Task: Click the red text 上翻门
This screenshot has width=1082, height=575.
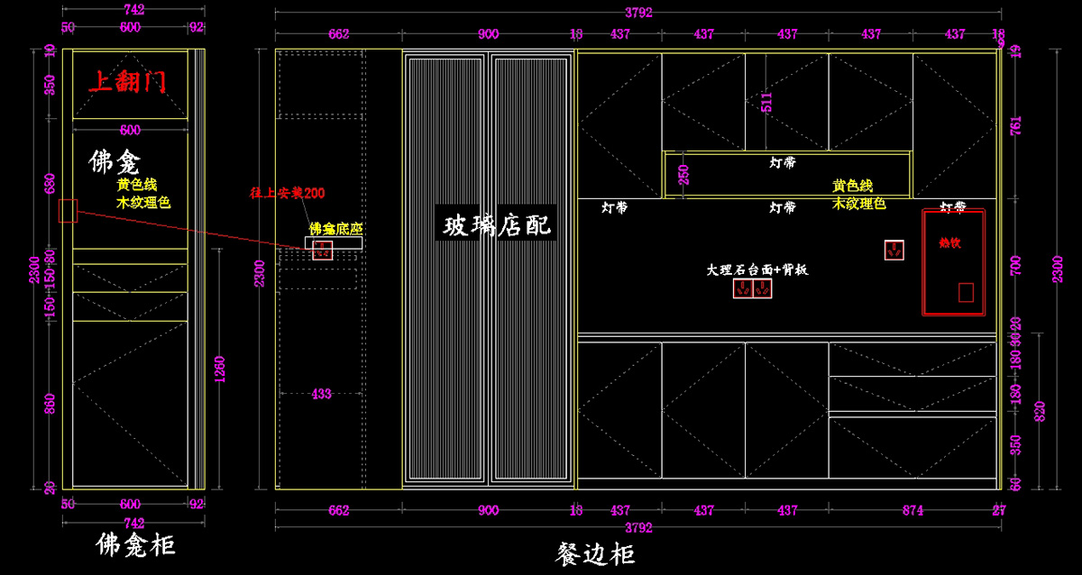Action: point(127,82)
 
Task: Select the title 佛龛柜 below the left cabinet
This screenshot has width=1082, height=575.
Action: point(135,545)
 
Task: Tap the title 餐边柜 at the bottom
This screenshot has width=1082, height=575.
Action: point(595,553)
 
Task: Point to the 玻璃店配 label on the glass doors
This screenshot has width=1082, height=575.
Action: point(497,224)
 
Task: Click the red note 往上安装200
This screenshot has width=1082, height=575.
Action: point(287,193)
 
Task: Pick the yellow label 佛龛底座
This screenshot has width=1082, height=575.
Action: point(335,228)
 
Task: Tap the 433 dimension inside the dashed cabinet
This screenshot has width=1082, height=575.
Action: point(321,394)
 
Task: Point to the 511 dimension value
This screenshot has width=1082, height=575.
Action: point(767,101)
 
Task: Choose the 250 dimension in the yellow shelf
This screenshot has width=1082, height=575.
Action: point(683,174)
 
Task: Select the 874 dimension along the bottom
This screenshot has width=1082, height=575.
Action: point(912,510)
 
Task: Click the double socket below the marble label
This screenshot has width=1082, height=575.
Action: point(753,289)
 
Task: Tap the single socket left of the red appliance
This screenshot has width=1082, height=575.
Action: point(894,251)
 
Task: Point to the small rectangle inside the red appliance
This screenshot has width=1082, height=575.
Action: point(966,292)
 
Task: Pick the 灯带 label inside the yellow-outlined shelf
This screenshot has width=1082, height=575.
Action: point(783,163)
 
